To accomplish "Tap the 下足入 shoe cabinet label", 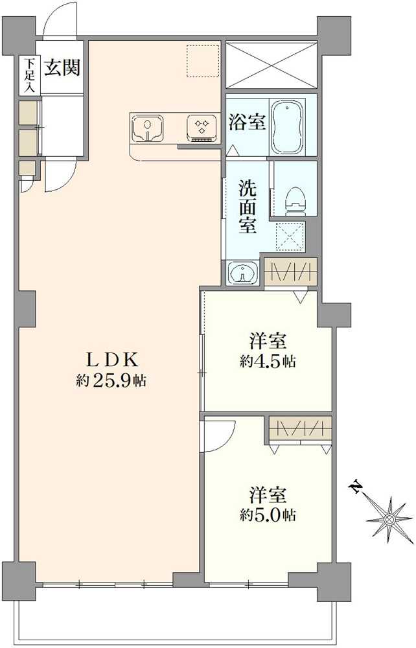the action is (30, 76).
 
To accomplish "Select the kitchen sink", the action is (147, 128).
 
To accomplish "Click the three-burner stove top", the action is (202, 128).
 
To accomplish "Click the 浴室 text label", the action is (247, 122).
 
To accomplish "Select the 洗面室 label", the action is (248, 207).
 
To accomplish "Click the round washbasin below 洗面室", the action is (243, 273).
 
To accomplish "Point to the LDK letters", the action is (111, 360).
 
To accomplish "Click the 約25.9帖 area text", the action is (111, 380).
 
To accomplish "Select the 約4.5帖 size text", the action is (268, 362).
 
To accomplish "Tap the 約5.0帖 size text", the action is (268, 515).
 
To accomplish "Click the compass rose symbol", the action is (389, 518).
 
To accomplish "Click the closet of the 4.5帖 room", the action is (290, 272).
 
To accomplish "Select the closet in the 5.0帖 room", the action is (300, 428).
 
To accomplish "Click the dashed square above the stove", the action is (202, 60).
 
